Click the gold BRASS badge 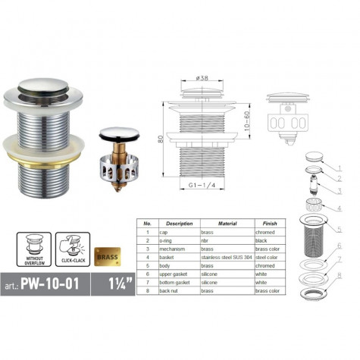click(x=107, y=256)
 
